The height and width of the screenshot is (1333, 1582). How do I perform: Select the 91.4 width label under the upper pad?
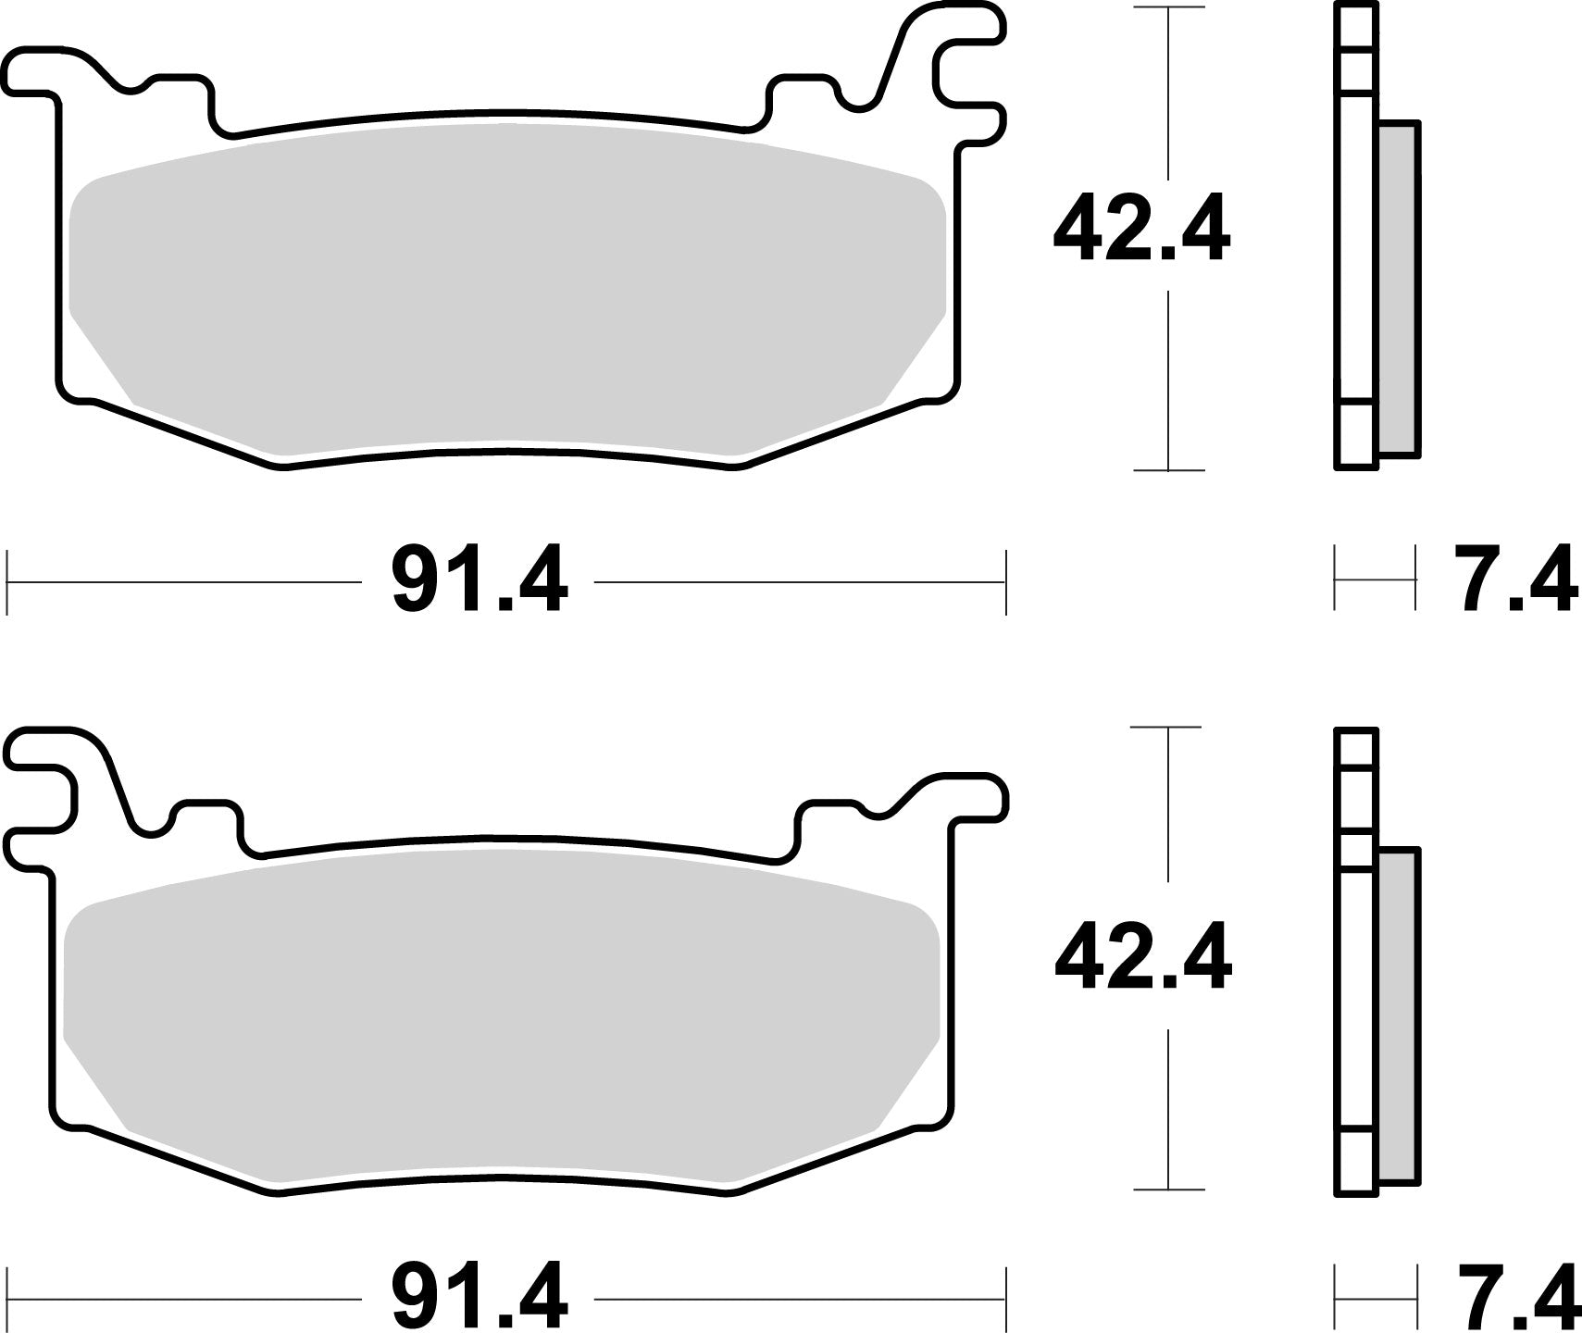click(479, 583)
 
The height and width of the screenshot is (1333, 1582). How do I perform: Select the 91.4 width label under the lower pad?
click(479, 1297)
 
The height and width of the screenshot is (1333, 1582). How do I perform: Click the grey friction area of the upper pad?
click(507, 296)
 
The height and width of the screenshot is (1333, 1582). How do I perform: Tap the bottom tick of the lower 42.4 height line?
click(1168, 1190)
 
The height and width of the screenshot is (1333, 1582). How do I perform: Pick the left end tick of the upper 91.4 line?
click(7, 582)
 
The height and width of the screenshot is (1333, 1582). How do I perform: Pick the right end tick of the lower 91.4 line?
click(1004, 1297)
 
